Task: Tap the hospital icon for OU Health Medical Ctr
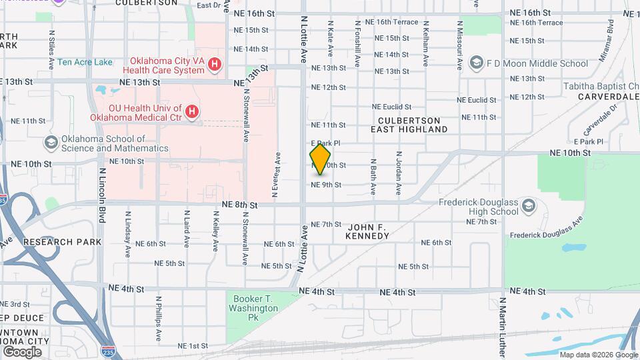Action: coord(192,112)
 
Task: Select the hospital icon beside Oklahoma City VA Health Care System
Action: coord(215,65)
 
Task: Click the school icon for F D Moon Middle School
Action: coord(476,63)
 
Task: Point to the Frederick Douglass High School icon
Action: coord(528,204)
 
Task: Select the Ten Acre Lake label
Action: coord(85,62)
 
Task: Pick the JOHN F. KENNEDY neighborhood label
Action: coord(376,231)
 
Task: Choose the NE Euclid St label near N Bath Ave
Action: coord(391,107)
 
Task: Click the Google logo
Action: coord(22,351)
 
